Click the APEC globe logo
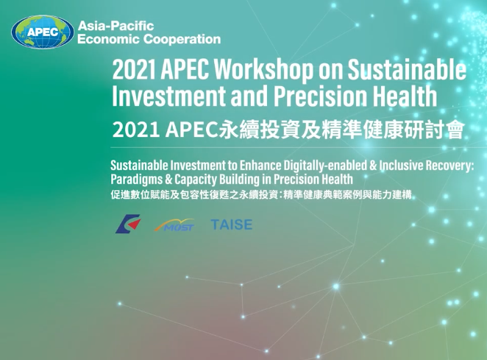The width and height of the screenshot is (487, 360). click(43, 32)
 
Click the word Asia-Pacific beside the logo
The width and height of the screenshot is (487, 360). click(115, 26)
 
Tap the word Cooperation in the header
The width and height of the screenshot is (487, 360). click(182, 39)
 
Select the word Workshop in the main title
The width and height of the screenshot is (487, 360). click(263, 69)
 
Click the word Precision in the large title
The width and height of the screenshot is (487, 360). click(321, 96)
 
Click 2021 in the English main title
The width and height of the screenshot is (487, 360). click(134, 69)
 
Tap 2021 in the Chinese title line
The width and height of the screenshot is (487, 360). click(135, 130)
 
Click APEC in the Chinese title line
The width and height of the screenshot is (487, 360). click(192, 130)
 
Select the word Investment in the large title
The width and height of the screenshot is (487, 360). click(168, 96)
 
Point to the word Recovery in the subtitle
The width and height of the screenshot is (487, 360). click(449, 166)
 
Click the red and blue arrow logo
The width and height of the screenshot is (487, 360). click(128, 224)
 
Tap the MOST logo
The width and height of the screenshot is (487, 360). click(174, 225)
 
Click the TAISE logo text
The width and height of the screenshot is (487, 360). click(232, 225)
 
